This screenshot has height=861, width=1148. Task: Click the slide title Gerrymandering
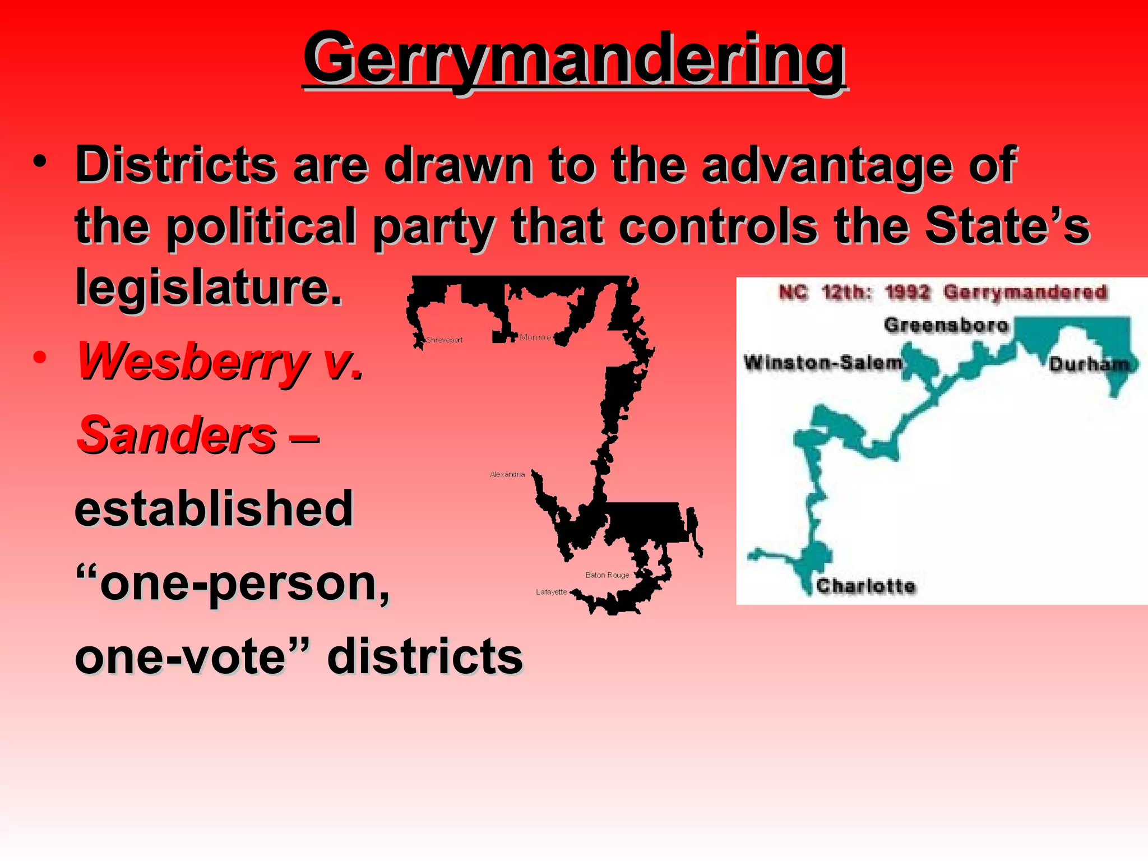(575, 59)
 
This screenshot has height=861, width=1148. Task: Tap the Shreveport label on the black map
(445, 340)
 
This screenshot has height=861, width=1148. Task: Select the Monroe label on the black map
(535, 337)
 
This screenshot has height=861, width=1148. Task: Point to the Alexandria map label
(507, 474)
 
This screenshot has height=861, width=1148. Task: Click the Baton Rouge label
(607, 575)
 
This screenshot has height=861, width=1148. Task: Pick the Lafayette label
(552, 592)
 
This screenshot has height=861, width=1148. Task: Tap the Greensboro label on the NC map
(946, 325)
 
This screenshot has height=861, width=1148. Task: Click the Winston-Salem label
(823, 363)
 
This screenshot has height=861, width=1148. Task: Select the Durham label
(1089, 364)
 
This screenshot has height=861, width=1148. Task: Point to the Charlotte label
(866, 586)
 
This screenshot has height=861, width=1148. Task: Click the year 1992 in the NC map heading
(908, 293)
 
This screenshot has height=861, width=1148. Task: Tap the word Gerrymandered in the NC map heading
(1025, 293)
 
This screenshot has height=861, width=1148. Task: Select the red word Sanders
(177, 436)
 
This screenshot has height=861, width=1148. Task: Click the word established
(214, 508)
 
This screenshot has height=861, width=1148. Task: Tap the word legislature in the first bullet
(209, 287)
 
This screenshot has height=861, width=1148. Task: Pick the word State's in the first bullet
(1007, 226)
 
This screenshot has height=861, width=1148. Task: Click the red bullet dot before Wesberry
(39, 357)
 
